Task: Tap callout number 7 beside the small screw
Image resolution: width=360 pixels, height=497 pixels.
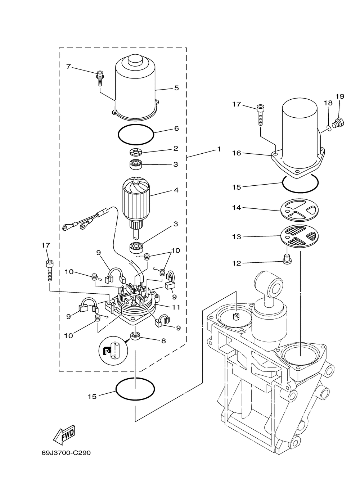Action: coord(69,66)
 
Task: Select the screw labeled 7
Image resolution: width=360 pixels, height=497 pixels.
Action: coord(100,78)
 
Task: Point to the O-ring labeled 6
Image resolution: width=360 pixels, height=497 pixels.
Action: coord(136,135)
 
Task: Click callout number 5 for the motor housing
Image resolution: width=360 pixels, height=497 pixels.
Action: coord(176,88)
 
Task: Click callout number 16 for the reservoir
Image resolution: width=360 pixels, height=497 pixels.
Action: coord(237,153)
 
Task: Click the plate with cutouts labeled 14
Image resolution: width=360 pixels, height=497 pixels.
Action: coord(300,209)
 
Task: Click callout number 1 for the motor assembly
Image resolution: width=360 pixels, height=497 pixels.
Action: coord(219,149)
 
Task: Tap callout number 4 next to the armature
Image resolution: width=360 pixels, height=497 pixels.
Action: coord(176,190)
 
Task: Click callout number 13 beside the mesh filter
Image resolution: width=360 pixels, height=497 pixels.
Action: coord(237,237)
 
